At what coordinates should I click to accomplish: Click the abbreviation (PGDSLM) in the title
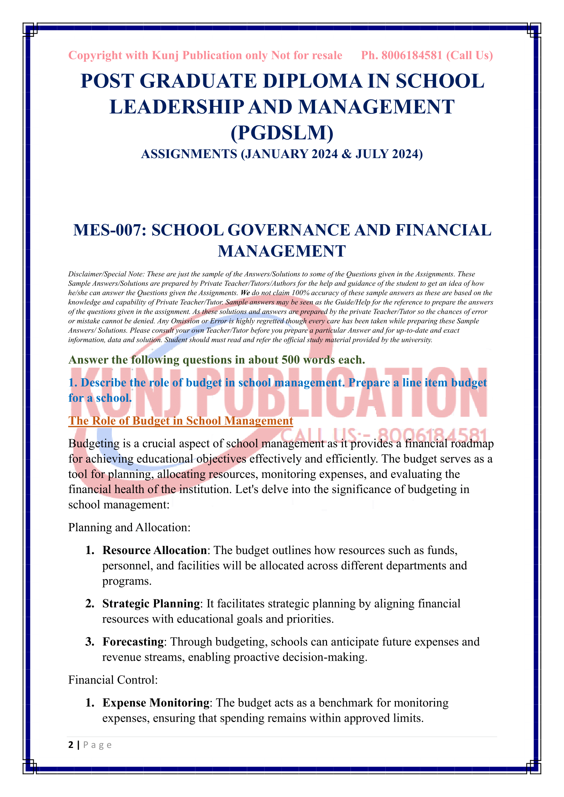[282, 133]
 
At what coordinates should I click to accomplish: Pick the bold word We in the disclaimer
[245, 293]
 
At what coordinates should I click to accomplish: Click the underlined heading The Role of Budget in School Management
[181, 421]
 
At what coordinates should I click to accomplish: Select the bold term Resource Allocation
[154, 551]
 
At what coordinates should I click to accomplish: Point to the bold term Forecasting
[133, 642]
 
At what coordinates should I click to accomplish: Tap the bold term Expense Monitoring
[155, 703]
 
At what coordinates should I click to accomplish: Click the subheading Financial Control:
[113, 680]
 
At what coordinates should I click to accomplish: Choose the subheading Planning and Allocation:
[129, 527]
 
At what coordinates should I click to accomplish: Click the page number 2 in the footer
[71, 745]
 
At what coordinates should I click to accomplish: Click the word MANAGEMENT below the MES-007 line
[282, 251]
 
